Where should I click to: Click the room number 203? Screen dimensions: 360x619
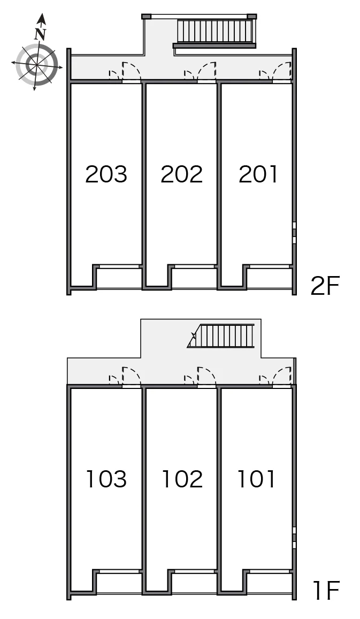point(106,174)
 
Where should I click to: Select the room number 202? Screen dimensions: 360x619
point(181,174)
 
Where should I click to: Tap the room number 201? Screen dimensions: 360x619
point(258,174)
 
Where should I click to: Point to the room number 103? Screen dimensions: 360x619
point(106,479)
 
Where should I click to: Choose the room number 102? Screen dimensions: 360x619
point(182,479)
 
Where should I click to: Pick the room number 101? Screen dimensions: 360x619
point(256,479)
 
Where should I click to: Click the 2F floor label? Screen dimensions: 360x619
point(325,286)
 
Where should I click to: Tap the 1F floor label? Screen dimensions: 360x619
point(326,591)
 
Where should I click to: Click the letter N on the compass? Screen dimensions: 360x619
point(40,34)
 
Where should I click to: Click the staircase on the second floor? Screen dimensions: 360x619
point(215,32)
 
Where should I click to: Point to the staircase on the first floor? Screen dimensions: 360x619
point(221,335)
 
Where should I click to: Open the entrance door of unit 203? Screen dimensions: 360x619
point(132,72)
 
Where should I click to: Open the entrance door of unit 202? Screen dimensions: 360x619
point(207,72)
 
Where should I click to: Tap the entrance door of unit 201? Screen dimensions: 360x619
point(282,72)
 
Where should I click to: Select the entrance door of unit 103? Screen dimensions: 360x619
point(132,377)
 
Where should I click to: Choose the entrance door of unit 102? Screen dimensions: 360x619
point(207,377)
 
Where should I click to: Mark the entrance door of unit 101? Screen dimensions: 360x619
point(282,377)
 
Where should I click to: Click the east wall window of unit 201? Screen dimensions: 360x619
point(294,233)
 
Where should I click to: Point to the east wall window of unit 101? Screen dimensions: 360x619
point(294,538)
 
